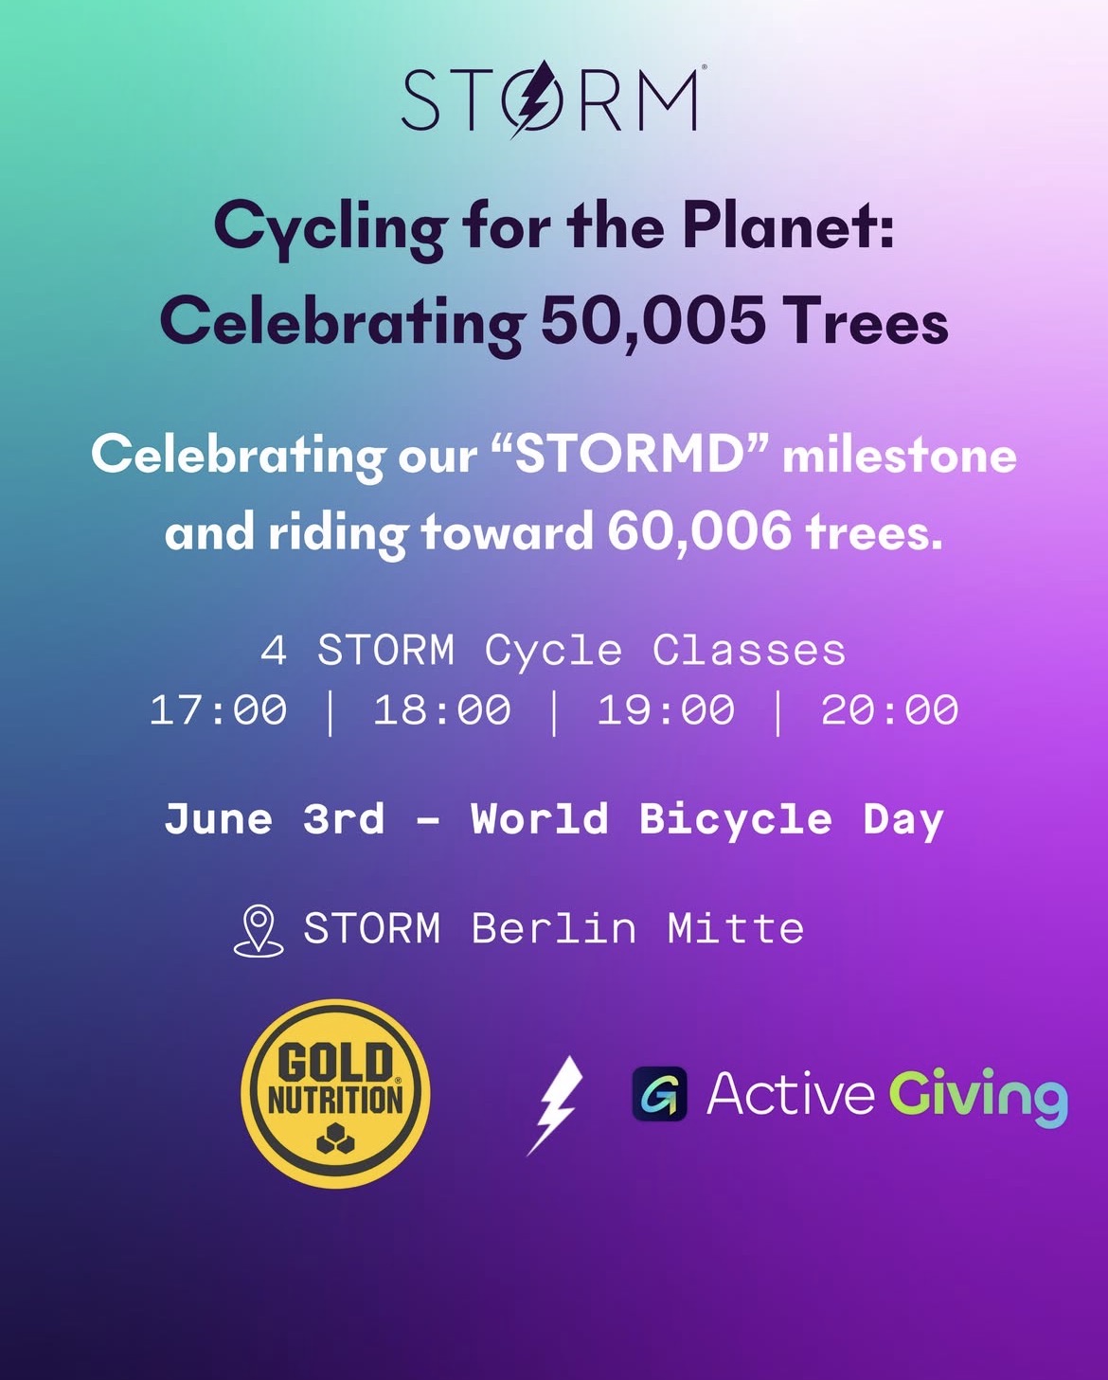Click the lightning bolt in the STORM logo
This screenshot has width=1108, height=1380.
coord(532,99)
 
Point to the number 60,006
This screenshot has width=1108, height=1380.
coord(700,530)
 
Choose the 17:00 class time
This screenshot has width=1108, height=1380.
coord(219,709)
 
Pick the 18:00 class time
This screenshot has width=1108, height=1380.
coord(442,709)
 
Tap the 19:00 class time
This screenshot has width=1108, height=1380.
coord(666,709)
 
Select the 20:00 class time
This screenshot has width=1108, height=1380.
coord(890,709)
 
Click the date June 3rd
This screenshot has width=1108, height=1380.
coord(275,819)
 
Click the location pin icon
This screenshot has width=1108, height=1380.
coord(259,931)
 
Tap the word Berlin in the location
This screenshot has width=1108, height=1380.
coord(554,928)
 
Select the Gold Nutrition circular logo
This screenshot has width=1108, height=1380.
coord(335,1093)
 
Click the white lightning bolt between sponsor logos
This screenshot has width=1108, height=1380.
coord(554,1105)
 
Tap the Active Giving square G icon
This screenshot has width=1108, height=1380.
coord(660,1094)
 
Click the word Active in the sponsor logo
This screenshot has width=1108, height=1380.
coord(791,1093)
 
